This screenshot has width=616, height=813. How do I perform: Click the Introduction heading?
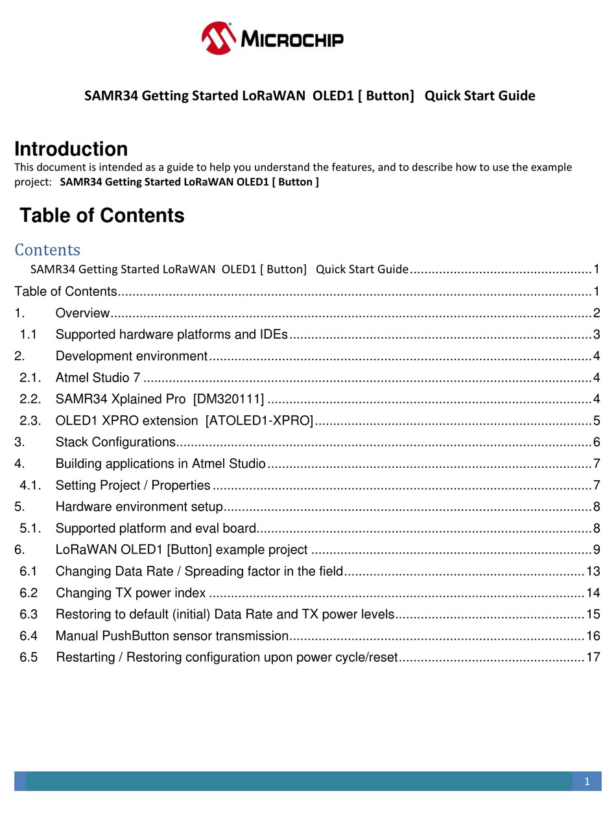point(71,149)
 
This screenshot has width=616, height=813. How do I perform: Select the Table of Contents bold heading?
point(102,215)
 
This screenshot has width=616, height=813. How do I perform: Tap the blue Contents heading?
point(47,250)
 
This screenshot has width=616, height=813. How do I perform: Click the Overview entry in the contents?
point(82,313)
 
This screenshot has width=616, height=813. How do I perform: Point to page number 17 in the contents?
point(593,657)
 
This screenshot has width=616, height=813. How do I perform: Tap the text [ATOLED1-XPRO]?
point(259,420)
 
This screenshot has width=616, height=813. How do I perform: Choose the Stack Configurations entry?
point(115,442)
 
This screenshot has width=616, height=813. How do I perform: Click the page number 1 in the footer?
point(587,782)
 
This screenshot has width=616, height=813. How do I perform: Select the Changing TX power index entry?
point(131,593)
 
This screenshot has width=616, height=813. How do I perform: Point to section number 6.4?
point(29,636)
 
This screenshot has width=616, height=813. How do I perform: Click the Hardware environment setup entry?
point(139,506)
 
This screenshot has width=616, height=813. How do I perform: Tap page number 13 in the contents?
point(593,572)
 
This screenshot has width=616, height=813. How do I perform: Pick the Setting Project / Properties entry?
point(133,485)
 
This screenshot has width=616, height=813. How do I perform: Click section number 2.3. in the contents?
point(30,420)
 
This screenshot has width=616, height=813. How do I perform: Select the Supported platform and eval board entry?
point(156,528)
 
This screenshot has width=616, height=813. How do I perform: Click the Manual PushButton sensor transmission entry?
point(172,636)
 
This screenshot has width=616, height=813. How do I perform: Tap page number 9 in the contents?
point(596,550)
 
